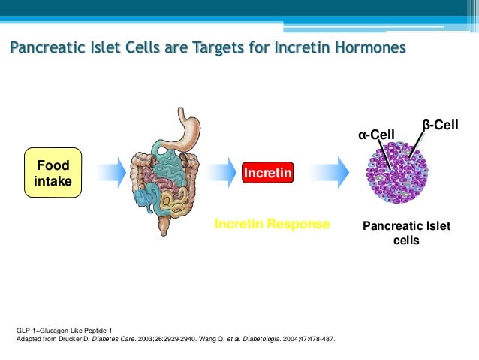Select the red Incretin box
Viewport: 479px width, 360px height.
[267, 174]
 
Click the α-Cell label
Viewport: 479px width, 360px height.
[375, 135]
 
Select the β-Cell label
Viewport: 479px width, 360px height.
[440, 125]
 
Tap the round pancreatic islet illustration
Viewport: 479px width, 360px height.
[396, 174]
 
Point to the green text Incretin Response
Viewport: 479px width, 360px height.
[272, 224]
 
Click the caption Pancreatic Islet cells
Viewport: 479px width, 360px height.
[406, 233]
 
